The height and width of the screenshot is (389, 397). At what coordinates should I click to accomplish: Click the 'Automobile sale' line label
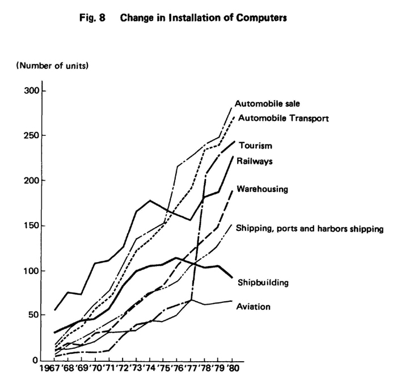[x=267, y=104]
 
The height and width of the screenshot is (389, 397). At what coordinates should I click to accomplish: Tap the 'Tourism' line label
[x=256, y=146]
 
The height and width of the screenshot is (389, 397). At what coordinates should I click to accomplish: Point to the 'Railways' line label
[x=255, y=161]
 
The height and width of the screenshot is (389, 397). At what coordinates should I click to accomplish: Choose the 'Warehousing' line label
[x=261, y=188]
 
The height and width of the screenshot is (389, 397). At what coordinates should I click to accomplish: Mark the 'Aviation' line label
[x=254, y=306]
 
